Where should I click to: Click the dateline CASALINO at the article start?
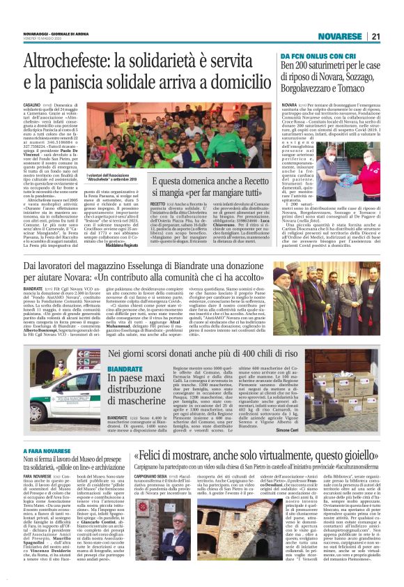(32, 104)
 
